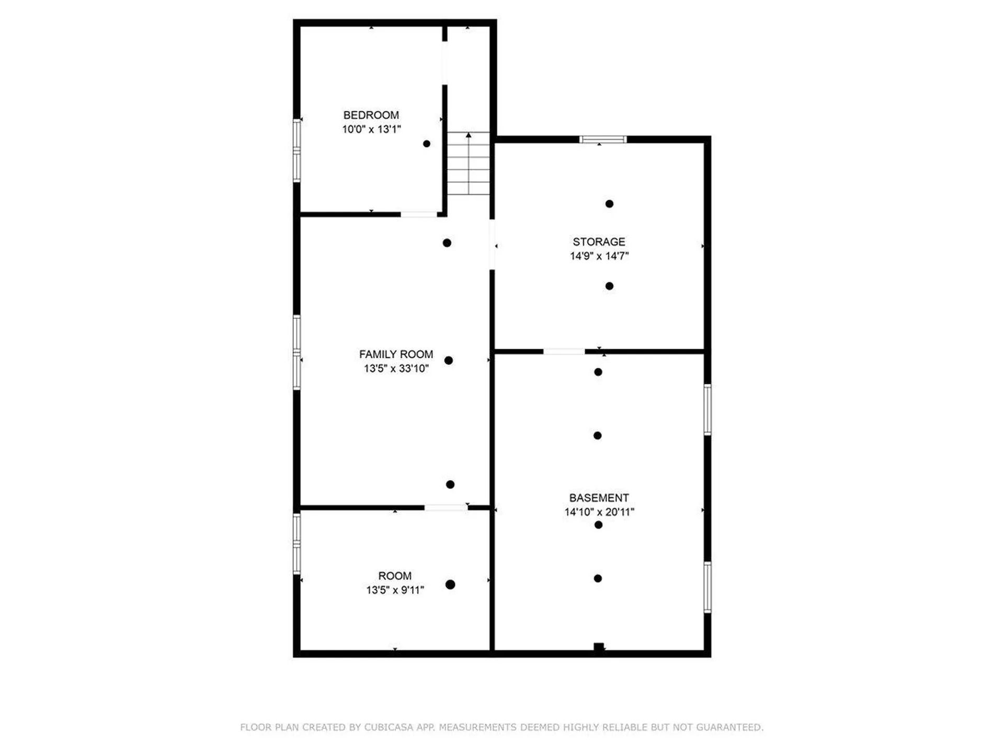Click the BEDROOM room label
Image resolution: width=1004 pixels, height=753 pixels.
click(x=371, y=115)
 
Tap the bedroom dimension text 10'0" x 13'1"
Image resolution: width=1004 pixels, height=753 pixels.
click(x=371, y=129)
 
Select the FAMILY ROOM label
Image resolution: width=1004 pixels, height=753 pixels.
click(x=396, y=355)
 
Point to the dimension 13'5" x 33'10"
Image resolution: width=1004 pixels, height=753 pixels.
click(x=396, y=369)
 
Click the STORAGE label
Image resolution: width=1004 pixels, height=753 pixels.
click(x=599, y=242)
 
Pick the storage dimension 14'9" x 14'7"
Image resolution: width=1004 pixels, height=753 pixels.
click(x=599, y=256)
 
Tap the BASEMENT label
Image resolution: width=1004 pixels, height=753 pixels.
click(x=599, y=498)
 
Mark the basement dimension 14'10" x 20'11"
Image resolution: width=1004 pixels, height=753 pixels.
click(x=599, y=512)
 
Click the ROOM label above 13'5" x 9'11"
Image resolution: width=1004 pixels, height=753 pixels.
click(x=395, y=576)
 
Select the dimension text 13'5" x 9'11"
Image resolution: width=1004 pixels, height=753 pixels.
click(x=395, y=590)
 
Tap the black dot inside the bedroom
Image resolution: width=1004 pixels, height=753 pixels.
click(x=427, y=144)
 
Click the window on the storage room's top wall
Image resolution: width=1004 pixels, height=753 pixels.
click(x=603, y=140)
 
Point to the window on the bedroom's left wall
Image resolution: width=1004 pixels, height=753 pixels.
click(x=296, y=151)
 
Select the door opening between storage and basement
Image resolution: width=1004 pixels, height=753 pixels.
click(x=564, y=351)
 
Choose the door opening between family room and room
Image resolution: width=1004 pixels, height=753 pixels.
click(x=446, y=507)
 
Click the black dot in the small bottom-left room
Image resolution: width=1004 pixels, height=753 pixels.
click(x=450, y=585)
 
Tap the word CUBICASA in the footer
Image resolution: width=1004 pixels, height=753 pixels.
click(x=389, y=727)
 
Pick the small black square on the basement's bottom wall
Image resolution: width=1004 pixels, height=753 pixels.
click(x=599, y=647)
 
